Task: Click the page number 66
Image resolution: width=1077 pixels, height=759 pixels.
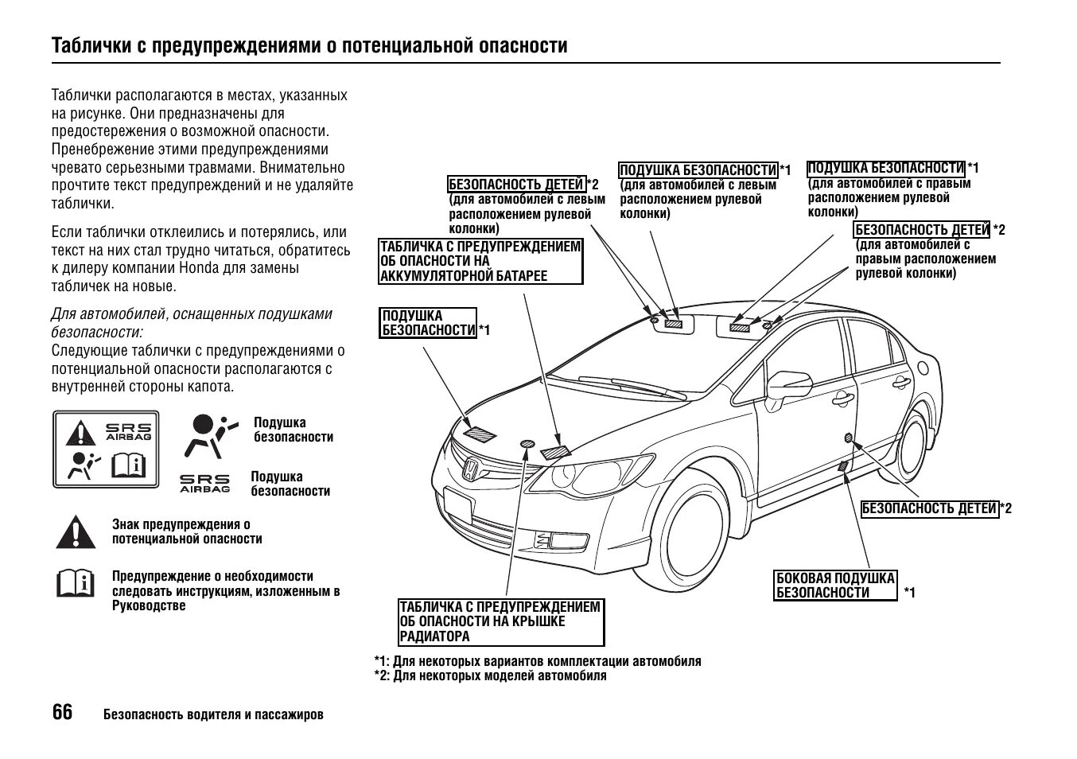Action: pyautogui.click(x=62, y=712)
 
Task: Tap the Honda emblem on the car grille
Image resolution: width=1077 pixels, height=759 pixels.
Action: pyautogui.click(x=469, y=469)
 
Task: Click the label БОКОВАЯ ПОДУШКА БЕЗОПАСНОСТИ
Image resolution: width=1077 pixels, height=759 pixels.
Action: pyautogui.click(x=835, y=586)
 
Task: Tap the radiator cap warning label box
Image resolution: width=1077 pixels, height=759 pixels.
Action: pyautogui.click(x=501, y=622)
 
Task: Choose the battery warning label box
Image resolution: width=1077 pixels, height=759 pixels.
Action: pyautogui.click(x=480, y=261)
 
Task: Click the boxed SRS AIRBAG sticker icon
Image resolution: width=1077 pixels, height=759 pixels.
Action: pyautogui.click(x=106, y=450)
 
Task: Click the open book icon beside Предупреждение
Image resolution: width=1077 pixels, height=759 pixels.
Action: pyautogui.click(x=76, y=583)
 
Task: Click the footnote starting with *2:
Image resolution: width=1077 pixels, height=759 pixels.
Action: pyautogui.click(x=490, y=676)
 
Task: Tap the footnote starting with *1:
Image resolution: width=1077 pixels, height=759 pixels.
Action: pyautogui.click(x=538, y=661)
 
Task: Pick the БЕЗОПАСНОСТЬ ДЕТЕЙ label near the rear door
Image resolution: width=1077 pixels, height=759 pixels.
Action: pyautogui.click(x=929, y=508)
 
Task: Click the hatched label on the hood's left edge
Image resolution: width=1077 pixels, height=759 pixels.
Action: pyautogui.click(x=480, y=434)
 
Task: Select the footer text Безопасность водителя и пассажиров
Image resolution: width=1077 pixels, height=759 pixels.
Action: pyautogui.click(x=213, y=714)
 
